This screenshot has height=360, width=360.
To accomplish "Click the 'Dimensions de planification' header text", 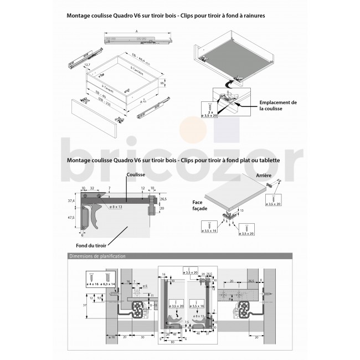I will [x=96, y=256].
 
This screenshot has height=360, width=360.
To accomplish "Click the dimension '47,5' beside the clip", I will [x=70, y=218].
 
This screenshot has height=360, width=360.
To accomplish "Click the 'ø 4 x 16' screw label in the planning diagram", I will [x=92, y=284].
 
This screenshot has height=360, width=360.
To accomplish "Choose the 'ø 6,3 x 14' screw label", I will [x=107, y=284].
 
